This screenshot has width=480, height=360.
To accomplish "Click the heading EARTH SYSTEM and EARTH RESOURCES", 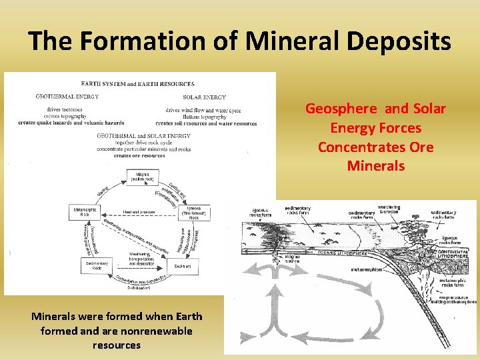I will (x=138, y=84).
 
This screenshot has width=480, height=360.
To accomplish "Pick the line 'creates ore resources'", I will (x=139, y=156).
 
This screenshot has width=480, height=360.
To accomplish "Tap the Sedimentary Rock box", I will (x=96, y=265).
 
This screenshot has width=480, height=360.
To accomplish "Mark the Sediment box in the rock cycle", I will (x=182, y=265).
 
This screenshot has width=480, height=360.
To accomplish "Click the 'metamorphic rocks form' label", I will (x=455, y=284).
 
